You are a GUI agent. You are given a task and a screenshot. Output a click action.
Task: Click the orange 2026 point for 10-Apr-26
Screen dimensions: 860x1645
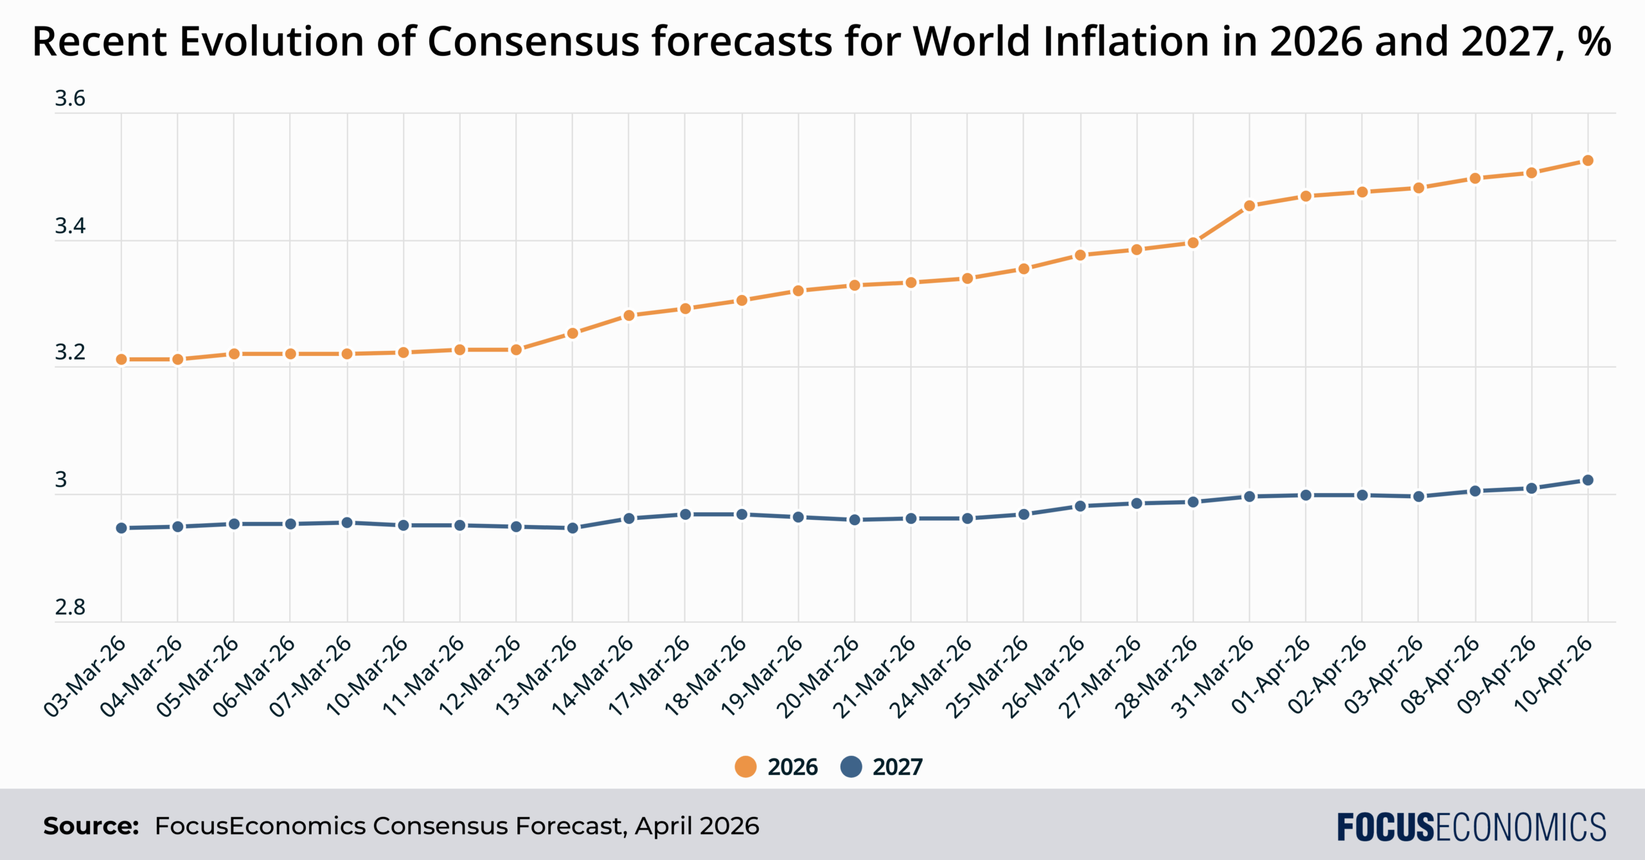point(1587,161)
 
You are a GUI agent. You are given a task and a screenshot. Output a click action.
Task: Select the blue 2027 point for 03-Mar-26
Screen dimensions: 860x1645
point(121,528)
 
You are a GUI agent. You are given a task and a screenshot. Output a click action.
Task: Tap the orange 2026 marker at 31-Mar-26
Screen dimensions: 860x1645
point(1249,206)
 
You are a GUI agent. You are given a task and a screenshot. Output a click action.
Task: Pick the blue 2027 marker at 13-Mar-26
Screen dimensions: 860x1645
point(573,528)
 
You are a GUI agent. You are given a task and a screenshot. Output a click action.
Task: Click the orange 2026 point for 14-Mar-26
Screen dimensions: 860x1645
point(629,316)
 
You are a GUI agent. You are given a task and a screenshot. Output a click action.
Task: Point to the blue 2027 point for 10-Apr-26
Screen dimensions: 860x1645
point(1587,480)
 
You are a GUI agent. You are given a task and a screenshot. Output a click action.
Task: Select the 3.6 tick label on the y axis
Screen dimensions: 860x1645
point(69,98)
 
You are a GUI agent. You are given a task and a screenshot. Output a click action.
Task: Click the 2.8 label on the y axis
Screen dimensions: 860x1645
point(69,607)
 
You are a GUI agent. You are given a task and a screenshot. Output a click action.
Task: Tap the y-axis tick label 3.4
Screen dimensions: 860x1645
point(69,226)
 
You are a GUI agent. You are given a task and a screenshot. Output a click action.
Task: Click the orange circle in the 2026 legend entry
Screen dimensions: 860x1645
point(745,767)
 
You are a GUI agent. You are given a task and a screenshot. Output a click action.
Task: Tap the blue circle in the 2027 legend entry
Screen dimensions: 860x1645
point(851,767)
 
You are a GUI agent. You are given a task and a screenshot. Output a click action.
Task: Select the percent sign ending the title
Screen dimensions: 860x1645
point(1595,42)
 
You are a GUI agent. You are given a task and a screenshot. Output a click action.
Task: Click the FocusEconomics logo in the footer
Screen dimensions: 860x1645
point(1472,827)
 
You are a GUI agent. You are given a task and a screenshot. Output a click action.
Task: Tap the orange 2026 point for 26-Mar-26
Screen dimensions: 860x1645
point(1080,255)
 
